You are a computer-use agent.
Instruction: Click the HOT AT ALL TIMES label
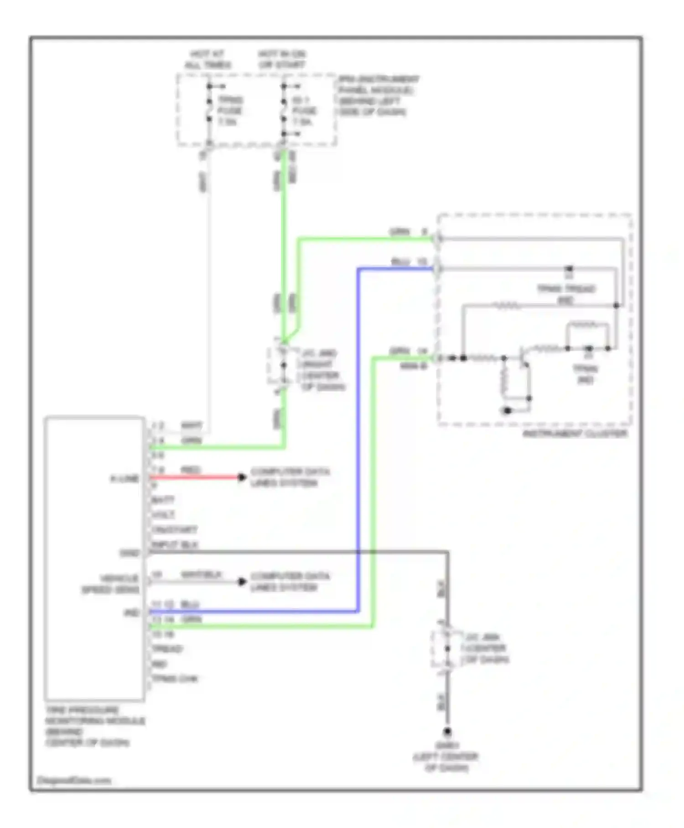click(x=207, y=59)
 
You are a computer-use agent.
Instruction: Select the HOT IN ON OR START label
click(x=282, y=59)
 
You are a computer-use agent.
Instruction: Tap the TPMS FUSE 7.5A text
click(x=230, y=111)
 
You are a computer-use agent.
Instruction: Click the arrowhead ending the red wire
click(x=242, y=477)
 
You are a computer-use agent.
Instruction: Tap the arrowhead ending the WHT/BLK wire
click(x=242, y=582)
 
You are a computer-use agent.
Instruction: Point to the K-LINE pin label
click(x=124, y=479)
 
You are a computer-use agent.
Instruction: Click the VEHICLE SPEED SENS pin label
click(x=111, y=584)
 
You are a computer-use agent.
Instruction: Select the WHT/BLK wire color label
click(x=201, y=575)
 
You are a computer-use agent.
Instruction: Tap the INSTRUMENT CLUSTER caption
click(x=575, y=433)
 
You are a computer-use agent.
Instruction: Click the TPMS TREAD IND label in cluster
click(x=566, y=294)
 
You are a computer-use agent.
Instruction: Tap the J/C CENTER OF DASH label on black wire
click(x=486, y=648)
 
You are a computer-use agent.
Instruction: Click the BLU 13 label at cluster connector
click(x=409, y=262)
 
